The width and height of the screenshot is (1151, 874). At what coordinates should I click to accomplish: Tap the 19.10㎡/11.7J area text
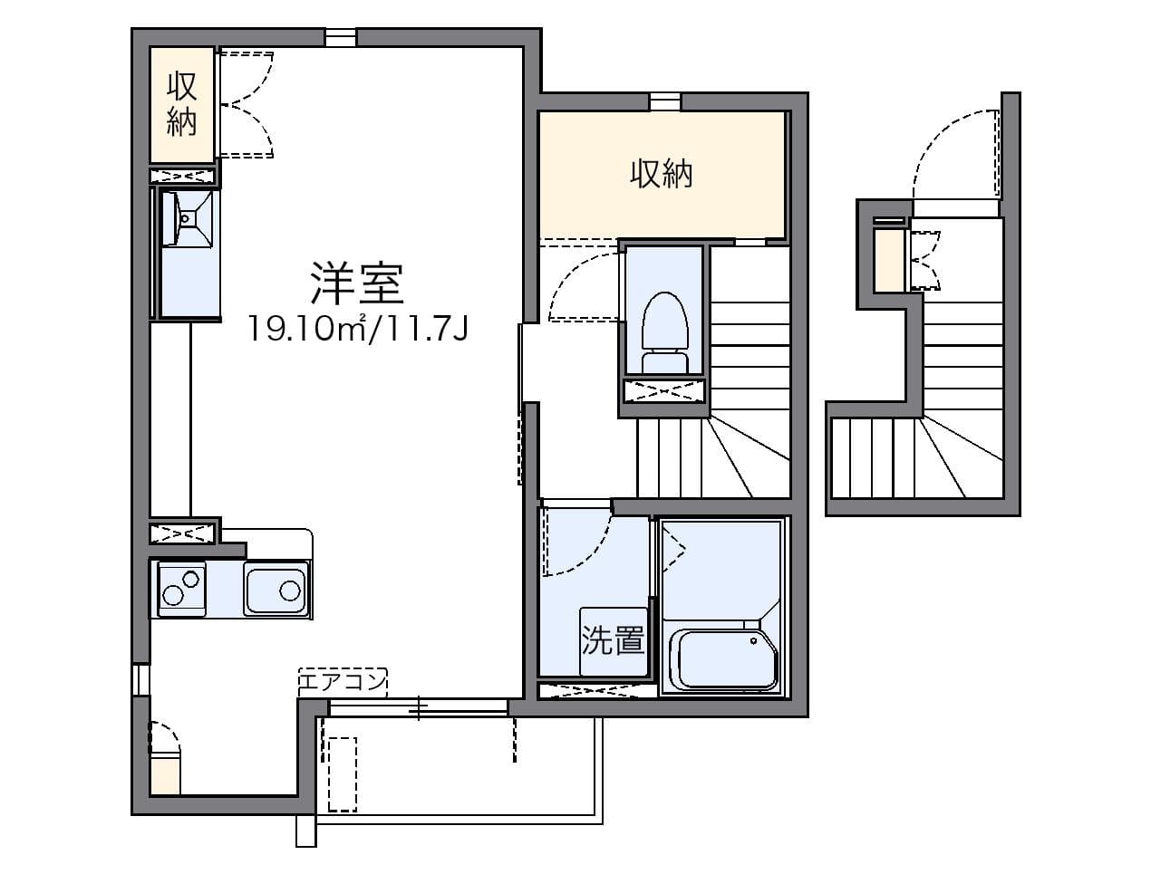(x=357, y=329)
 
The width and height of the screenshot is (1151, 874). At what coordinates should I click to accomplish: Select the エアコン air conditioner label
(x=343, y=682)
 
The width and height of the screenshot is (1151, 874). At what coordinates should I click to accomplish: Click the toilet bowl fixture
(x=664, y=331)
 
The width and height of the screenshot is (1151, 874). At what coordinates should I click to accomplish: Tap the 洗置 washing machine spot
(x=613, y=640)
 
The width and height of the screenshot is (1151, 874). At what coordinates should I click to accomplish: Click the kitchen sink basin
(x=276, y=590)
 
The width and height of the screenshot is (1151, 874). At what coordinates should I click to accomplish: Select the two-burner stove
(x=181, y=589)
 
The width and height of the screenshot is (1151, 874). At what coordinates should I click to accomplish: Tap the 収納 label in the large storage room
(x=661, y=173)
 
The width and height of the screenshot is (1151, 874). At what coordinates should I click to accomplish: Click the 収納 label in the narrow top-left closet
(x=181, y=104)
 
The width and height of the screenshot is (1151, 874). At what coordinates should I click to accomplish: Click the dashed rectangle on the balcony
(x=343, y=774)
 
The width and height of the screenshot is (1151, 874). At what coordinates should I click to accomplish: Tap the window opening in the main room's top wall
(x=341, y=38)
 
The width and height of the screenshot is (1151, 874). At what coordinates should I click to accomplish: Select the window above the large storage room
(x=665, y=101)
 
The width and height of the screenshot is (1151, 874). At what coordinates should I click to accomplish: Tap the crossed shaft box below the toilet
(x=664, y=391)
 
